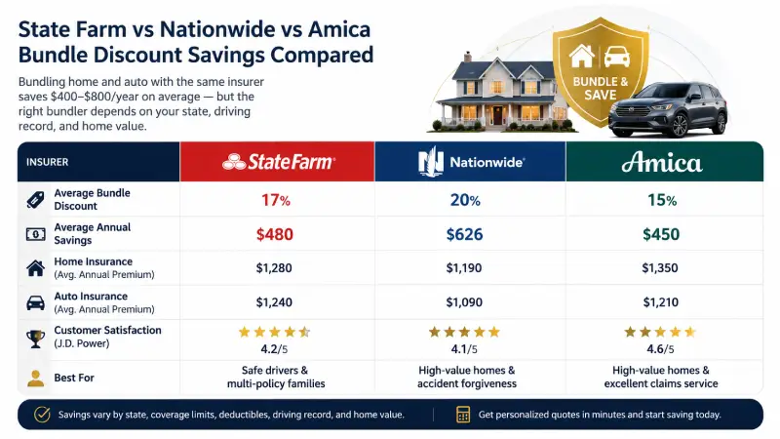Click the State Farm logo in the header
point(279,162)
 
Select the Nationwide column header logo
point(471,162)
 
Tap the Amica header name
point(662,162)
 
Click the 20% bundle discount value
point(465,200)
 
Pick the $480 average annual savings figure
point(275,234)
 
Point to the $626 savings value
point(464,234)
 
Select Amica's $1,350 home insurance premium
point(660,268)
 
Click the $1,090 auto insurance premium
point(464,302)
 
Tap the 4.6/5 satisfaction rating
point(660,349)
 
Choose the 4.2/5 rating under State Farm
point(274,349)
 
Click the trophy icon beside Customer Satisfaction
point(36,339)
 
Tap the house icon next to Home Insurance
point(35,268)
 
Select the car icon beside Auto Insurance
point(35,302)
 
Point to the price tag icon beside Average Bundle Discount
point(35,200)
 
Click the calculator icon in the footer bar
point(463,415)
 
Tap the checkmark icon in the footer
point(42,415)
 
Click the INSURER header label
point(47,162)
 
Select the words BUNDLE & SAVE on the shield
point(601,88)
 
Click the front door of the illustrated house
point(497,115)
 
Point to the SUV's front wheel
point(680,126)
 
